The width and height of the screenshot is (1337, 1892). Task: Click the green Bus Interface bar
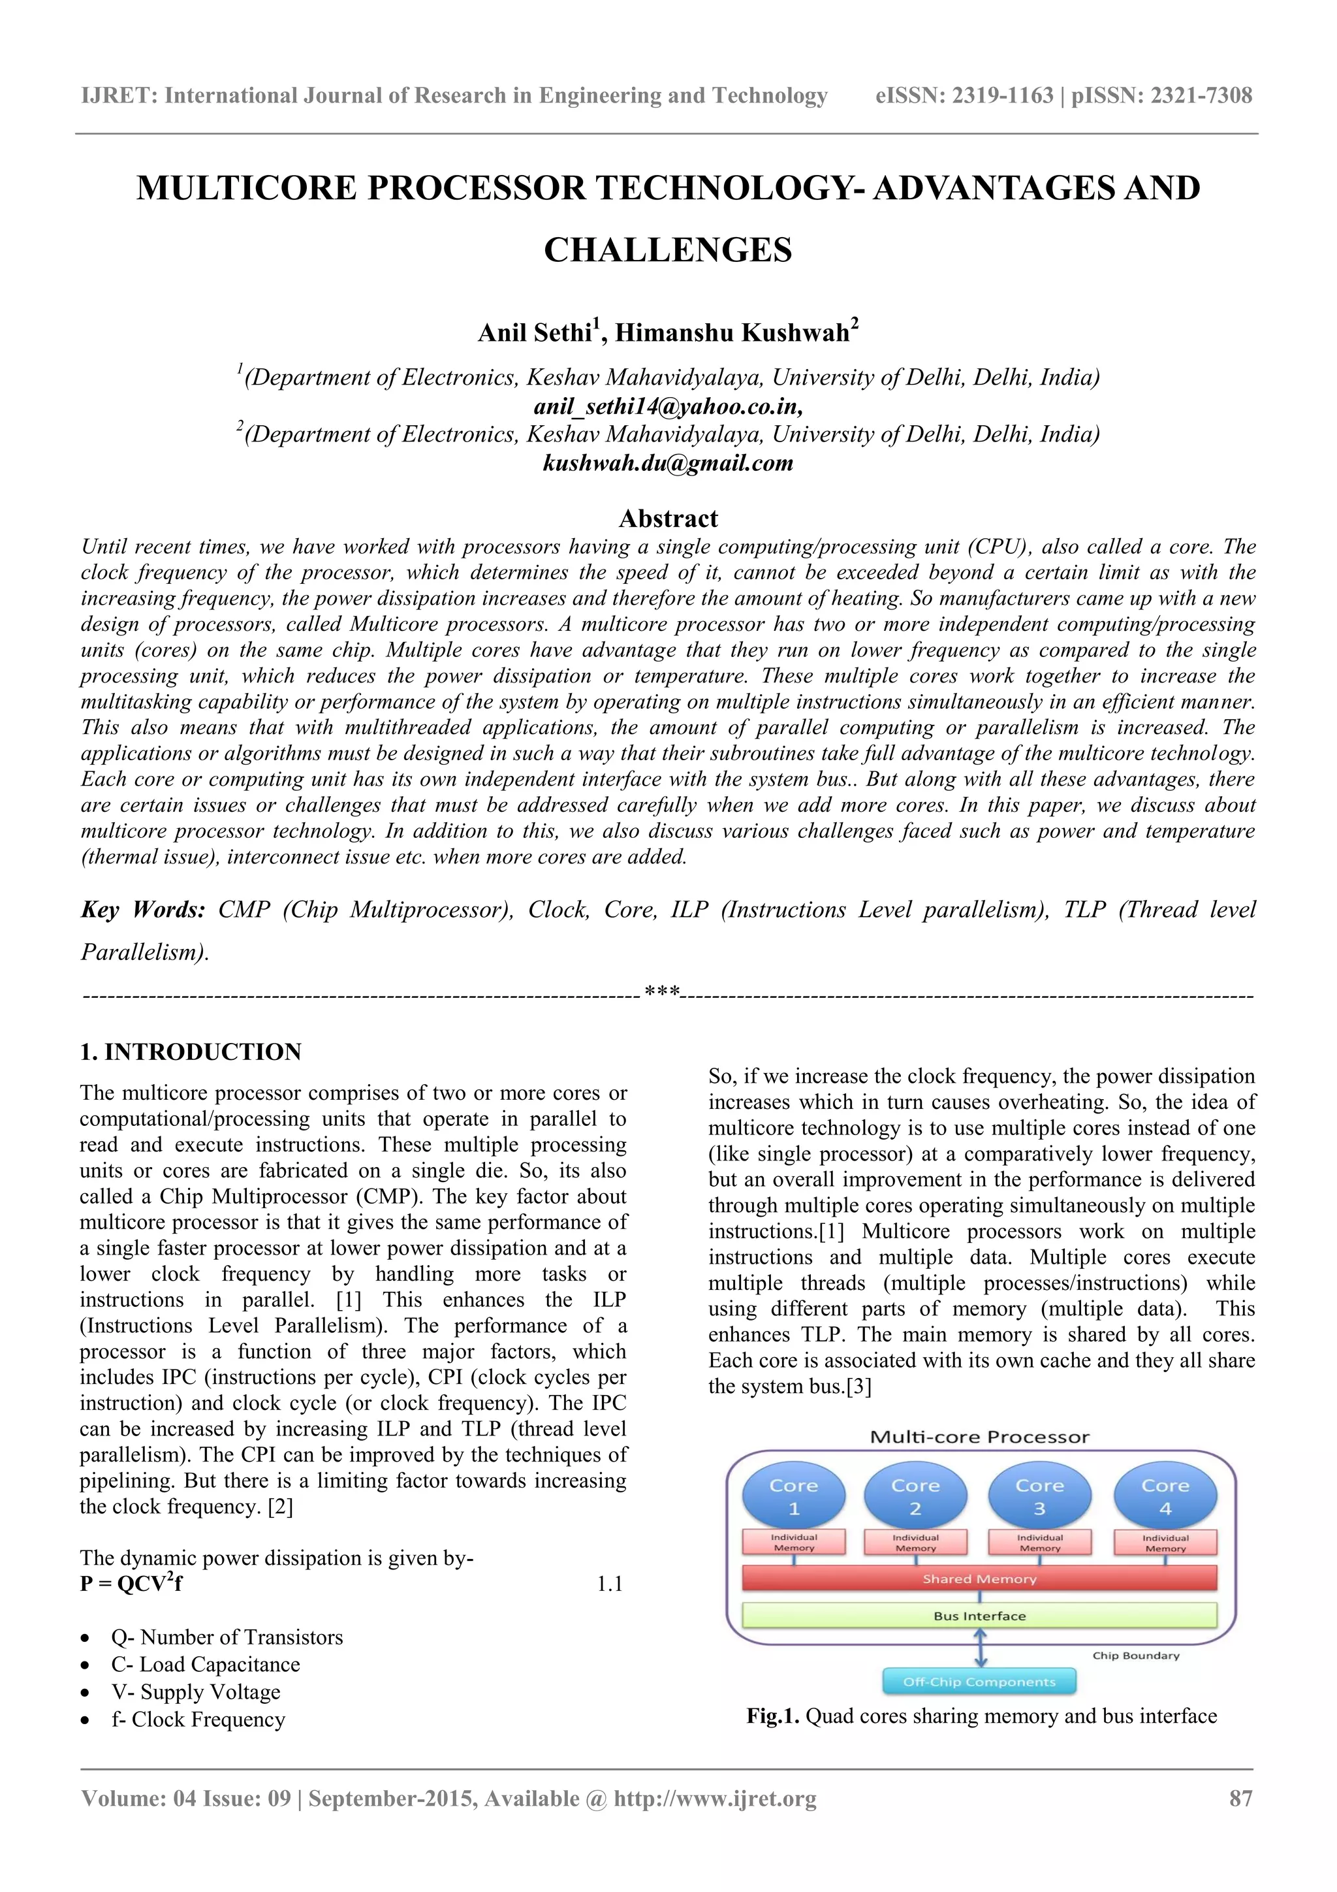pyautogui.click(x=979, y=1616)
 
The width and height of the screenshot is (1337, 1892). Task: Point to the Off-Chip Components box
pyautogui.click(x=979, y=1682)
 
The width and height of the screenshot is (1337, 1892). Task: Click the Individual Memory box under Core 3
pyautogui.click(x=1039, y=1543)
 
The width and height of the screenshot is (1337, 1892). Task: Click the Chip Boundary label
pyautogui.click(x=1135, y=1656)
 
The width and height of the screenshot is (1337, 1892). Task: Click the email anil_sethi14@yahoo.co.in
pyautogui.click(x=668, y=406)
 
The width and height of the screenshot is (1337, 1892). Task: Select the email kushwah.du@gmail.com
pyautogui.click(x=668, y=463)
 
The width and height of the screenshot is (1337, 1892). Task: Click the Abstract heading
pyautogui.click(x=668, y=519)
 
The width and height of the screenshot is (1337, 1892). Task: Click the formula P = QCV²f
pyautogui.click(x=131, y=1583)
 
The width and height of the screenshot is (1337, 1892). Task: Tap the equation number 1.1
pyautogui.click(x=609, y=1584)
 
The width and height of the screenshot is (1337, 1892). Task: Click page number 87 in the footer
pyautogui.click(x=1240, y=1798)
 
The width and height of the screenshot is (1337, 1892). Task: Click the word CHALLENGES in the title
pyautogui.click(x=668, y=249)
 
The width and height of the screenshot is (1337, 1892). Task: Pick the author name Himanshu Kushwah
pyautogui.click(x=732, y=333)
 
